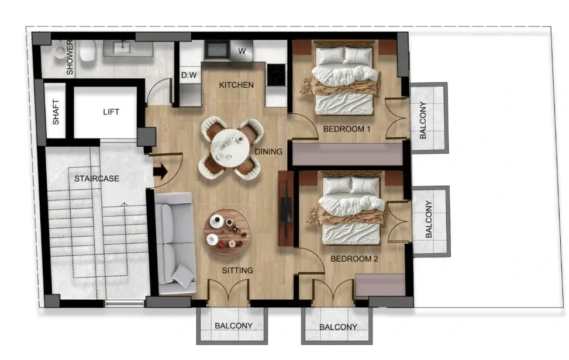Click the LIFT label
111,112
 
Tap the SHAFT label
56,112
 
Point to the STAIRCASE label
96,178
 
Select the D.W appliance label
189,75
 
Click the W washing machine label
242,51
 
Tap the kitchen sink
217,50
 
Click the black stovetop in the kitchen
277,74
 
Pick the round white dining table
231,148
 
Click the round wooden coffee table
227,233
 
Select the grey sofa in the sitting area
175,243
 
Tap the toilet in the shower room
88,51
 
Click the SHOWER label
70,57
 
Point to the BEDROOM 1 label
347,129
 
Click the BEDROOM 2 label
354,258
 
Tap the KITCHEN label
236,85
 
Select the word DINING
268,151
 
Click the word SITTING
237,270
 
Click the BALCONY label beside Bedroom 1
423,120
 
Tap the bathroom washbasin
122,47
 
